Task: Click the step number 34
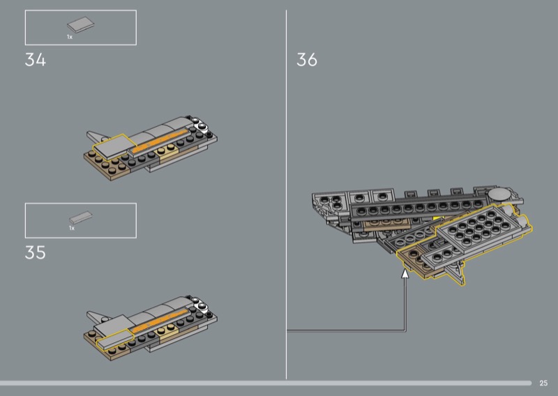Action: pos(36,59)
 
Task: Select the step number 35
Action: pos(36,252)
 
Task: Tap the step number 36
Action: pos(307,59)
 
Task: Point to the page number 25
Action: pos(543,383)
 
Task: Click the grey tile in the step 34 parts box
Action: pos(81,24)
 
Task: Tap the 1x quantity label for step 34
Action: pos(69,37)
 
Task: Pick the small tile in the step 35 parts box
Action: pos(81,217)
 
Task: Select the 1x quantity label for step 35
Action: pos(72,228)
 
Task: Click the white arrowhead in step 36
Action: pos(405,273)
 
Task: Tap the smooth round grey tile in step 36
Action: pos(499,194)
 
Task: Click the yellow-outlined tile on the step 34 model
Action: pos(114,146)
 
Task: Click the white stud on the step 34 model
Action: pos(202,126)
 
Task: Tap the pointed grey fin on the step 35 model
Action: pos(97,315)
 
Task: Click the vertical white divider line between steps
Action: pos(286,195)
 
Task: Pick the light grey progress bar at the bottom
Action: pos(266,383)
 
